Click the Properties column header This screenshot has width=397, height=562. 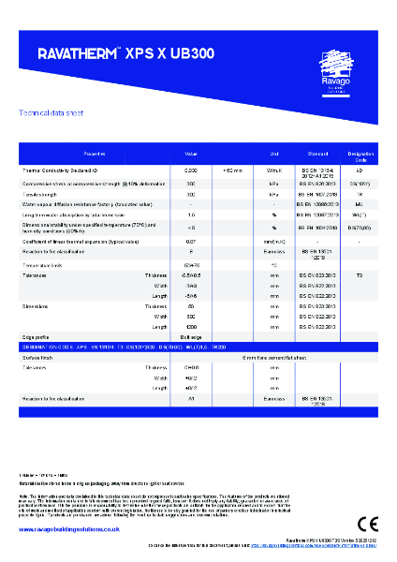point(96,153)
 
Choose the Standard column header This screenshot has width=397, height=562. point(316,153)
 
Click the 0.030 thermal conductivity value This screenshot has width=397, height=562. point(191,170)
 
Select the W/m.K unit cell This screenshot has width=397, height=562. point(274,170)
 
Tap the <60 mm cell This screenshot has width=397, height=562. point(232,170)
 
